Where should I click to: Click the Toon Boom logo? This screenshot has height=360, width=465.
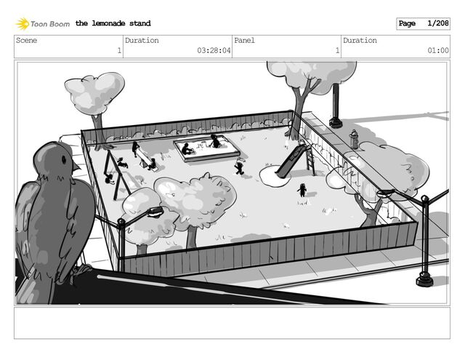click(x=43, y=24)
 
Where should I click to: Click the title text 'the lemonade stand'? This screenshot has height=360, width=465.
click(x=113, y=24)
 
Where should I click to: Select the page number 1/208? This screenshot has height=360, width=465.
click(x=437, y=24)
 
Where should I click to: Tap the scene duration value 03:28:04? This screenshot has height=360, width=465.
click(x=214, y=51)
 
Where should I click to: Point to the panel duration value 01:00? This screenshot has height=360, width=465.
click(x=437, y=51)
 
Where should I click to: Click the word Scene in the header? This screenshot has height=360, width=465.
click(x=26, y=41)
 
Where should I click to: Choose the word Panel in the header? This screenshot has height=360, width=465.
click(x=244, y=41)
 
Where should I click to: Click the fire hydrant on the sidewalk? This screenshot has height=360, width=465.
click(x=354, y=138)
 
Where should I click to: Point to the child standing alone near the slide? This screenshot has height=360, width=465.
click(x=302, y=190)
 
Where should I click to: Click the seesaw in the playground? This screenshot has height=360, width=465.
click(x=144, y=158)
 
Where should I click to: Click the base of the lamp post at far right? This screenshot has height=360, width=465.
click(x=424, y=281)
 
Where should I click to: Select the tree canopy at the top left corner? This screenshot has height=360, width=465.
click(x=94, y=91)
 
